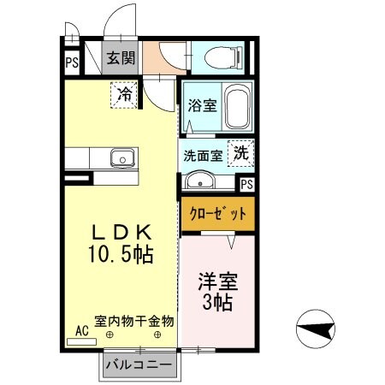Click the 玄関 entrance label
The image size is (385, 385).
pos(121,58)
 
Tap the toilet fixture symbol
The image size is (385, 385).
pos(223,57)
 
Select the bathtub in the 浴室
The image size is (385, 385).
pos(238,106)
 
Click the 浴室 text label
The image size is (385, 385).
pos(202,105)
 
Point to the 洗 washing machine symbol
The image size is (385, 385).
pos(241,153)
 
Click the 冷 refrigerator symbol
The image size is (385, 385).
pos(124,95)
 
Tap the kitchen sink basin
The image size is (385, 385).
pos(122,158)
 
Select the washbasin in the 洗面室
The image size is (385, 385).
pos(200,181)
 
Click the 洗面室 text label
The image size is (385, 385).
pos(203,156)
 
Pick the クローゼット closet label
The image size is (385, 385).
pos(218,214)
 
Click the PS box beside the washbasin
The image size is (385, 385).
pos(246,185)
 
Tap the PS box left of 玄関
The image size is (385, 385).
pos(72,62)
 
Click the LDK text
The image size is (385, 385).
pos(121,232)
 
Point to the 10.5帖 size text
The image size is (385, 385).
pos(121,253)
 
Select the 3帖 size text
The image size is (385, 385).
pos(217,302)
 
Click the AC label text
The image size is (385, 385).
pos(82,331)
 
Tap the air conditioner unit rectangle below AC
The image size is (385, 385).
pos(81,341)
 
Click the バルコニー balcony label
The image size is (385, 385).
pos(139,364)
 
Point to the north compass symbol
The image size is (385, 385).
pos(316,329)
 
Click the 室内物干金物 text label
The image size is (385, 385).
pos(134,322)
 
